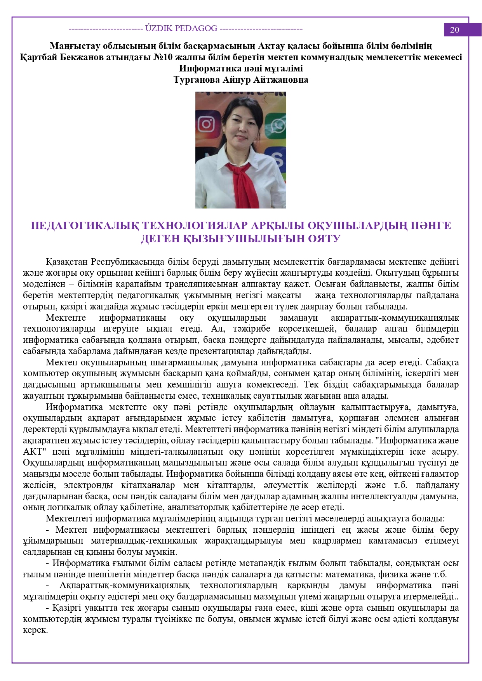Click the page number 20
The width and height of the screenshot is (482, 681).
coord(454,30)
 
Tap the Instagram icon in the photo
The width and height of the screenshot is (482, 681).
coord(206,124)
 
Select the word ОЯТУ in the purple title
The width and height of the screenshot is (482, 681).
coord(324,239)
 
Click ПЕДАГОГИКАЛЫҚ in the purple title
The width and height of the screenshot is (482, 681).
coord(85,226)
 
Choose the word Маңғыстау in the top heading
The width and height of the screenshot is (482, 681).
coord(74,46)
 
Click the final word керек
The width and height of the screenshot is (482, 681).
coord(35,630)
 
